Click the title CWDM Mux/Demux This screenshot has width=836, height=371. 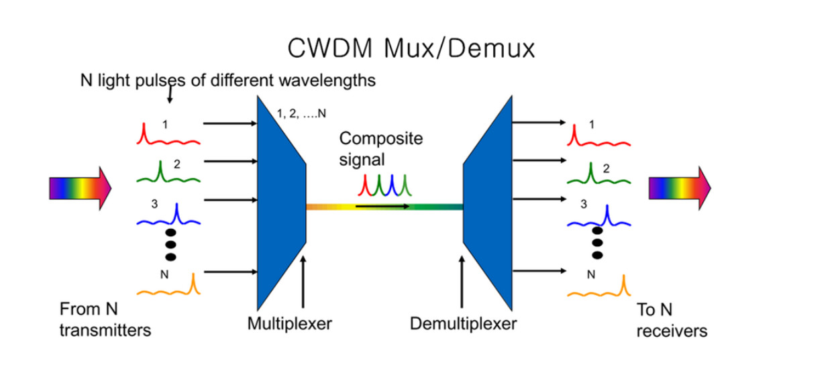(411, 48)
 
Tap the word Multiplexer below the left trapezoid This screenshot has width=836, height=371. (290, 324)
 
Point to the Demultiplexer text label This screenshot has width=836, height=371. (464, 324)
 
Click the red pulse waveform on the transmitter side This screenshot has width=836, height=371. (168, 138)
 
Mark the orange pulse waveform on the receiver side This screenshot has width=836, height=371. (599, 289)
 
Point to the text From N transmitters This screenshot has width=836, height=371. (104, 320)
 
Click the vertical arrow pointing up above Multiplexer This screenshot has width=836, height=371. (303, 282)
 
